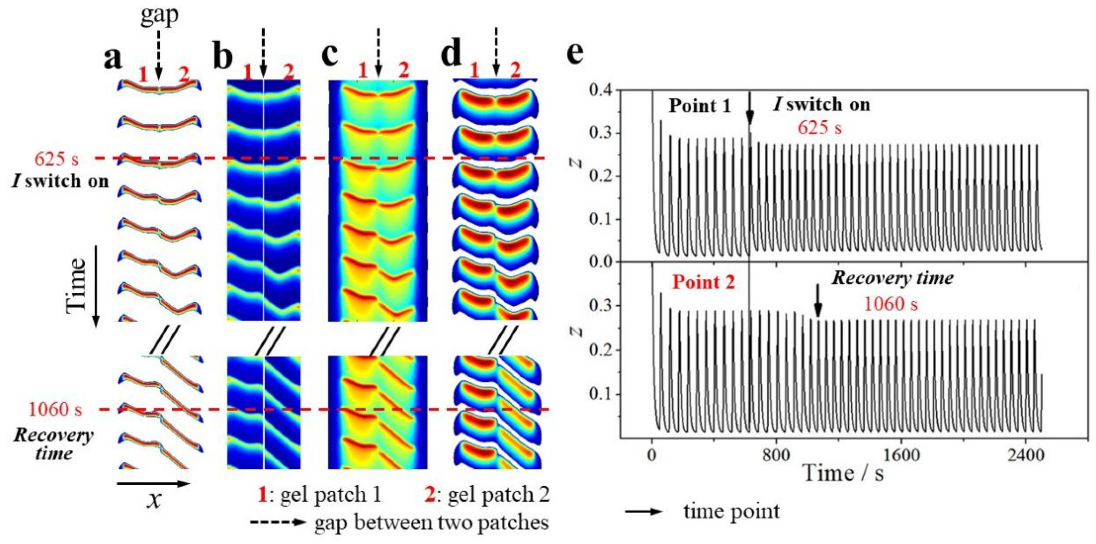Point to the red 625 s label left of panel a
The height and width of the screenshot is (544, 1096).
pos(57,159)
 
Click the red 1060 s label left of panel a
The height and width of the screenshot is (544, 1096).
pos(55,410)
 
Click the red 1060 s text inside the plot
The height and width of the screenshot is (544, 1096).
pos(890,304)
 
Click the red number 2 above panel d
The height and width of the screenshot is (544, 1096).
pos(515,71)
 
